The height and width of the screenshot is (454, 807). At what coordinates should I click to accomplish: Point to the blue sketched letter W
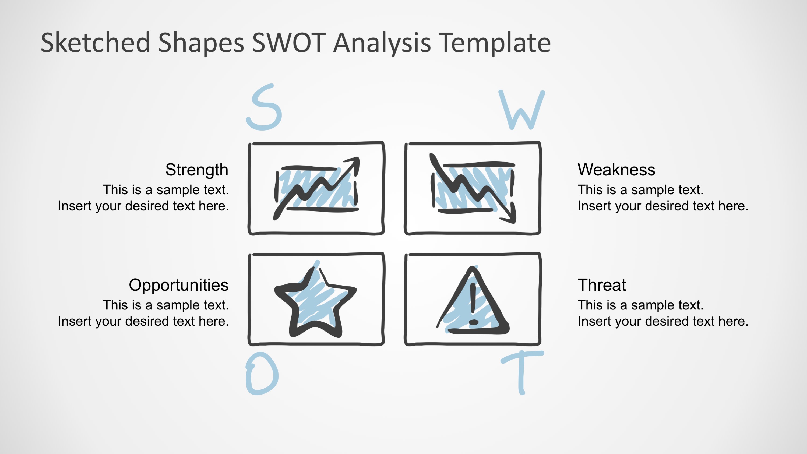pos(521,110)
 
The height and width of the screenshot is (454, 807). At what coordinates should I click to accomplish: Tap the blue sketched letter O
pos(262,374)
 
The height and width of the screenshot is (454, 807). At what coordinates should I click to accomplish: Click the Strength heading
pos(196,170)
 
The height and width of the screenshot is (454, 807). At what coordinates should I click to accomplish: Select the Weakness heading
pos(616,170)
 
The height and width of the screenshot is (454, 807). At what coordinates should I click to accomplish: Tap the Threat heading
pos(601,285)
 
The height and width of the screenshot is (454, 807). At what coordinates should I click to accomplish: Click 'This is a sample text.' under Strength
pos(166,190)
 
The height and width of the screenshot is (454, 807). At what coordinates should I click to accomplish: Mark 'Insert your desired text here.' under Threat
pos(662,322)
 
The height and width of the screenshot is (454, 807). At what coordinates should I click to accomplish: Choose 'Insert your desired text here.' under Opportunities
pos(143,322)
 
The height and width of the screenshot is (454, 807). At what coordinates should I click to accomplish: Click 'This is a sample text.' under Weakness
pos(640,190)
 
